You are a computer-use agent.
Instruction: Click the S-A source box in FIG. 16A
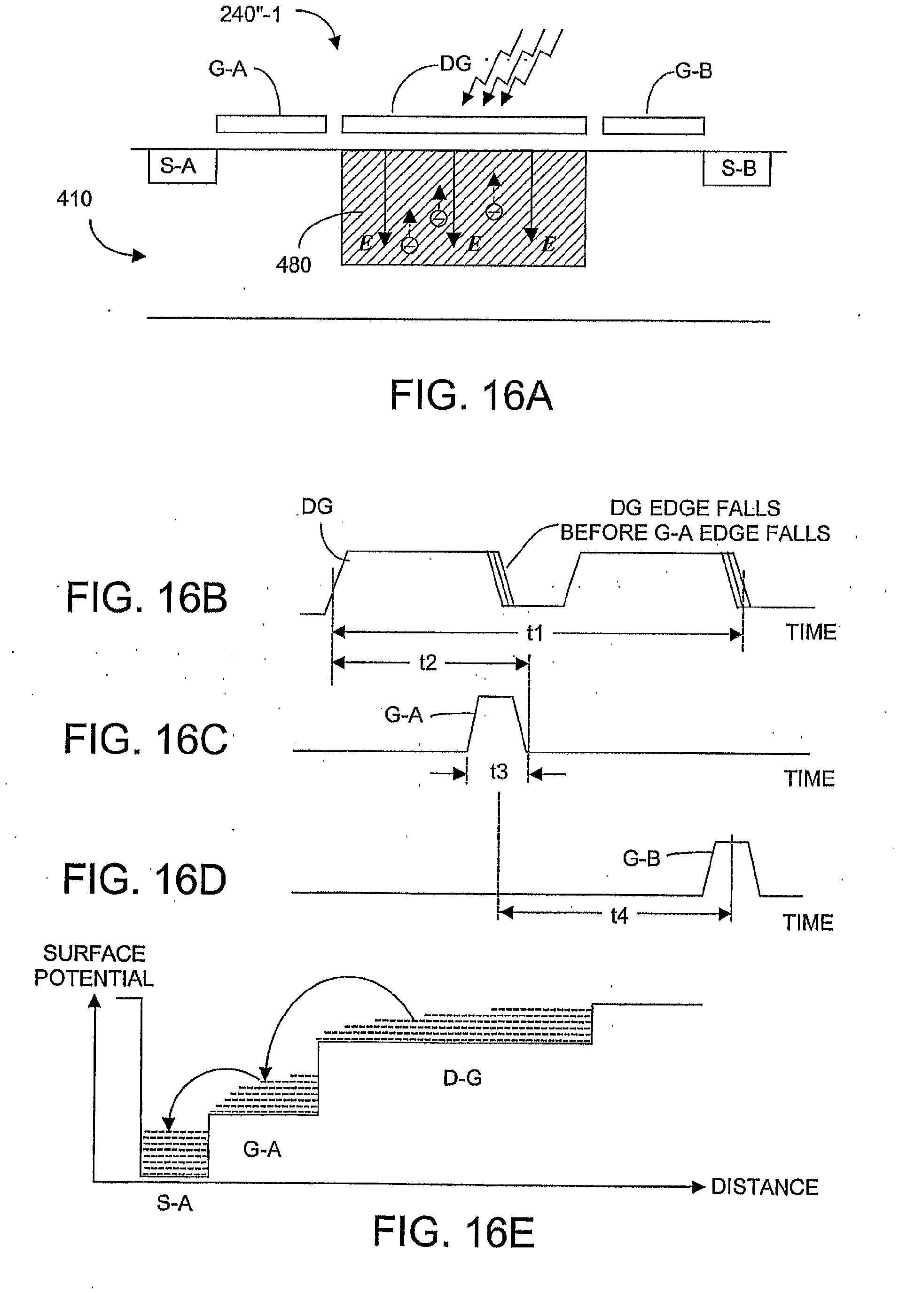click(x=181, y=166)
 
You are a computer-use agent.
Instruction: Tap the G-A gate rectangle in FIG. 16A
click(x=271, y=124)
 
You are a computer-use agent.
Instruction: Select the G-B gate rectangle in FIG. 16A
click(x=653, y=126)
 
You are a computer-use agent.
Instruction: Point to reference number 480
click(x=293, y=265)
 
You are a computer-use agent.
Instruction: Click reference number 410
click(x=74, y=199)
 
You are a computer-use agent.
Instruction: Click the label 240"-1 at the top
click(x=250, y=15)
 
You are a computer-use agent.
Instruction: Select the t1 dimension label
click(x=534, y=633)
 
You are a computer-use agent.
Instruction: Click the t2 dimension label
click(x=428, y=663)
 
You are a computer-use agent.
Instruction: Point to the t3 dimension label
click(x=499, y=771)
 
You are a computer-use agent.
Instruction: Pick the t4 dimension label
click(x=619, y=916)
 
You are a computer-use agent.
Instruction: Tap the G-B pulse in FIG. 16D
click(x=732, y=867)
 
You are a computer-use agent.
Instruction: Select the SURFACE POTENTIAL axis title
click(x=94, y=966)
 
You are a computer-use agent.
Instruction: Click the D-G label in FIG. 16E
click(x=462, y=1078)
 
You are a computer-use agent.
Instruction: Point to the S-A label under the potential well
click(x=175, y=1203)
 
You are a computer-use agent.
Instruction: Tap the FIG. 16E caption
click(x=453, y=1232)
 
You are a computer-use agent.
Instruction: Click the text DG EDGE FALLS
click(x=695, y=508)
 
